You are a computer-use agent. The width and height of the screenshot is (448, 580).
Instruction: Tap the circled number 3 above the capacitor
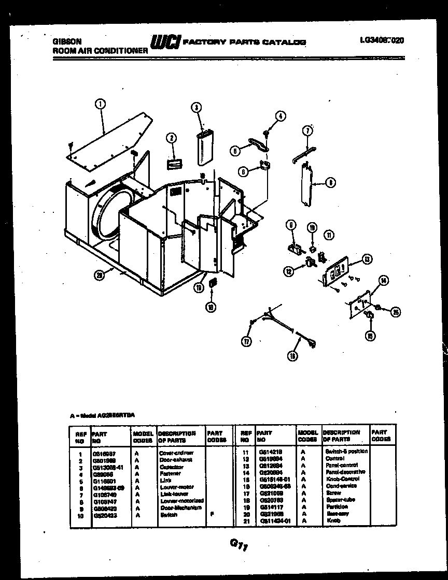196,108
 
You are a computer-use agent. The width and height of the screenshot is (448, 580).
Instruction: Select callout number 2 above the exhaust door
171,138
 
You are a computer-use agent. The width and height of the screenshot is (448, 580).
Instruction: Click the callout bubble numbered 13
366,259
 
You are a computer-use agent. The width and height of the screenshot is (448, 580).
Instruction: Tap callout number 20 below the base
100,275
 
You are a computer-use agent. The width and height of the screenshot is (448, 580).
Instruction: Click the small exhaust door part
173,163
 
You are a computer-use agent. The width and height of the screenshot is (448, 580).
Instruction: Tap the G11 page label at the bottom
237,545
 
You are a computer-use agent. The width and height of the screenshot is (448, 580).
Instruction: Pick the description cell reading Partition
335,507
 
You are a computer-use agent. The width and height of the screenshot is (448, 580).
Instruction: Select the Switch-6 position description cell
346,451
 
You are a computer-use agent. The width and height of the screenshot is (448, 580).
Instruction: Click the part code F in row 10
212,515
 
